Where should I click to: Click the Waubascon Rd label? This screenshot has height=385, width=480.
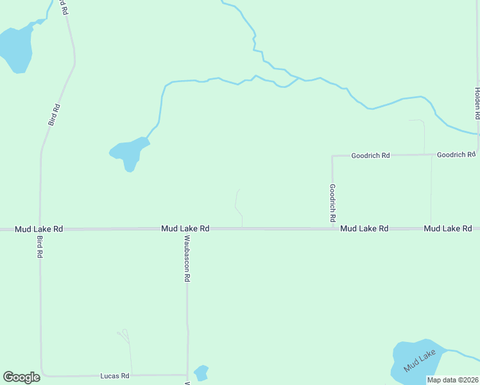pos(187,259)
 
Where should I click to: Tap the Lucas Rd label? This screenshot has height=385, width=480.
pos(116,375)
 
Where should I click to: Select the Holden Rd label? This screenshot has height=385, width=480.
pos(477,104)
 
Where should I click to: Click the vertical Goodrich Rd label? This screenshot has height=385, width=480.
pos(332,203)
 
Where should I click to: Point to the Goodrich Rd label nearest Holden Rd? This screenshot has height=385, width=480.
pos(456,155)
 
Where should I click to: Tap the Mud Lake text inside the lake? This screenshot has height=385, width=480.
pos(420,361)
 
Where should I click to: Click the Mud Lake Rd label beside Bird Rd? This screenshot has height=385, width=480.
pos(40,228)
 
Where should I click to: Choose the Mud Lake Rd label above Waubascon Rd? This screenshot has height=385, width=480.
pos(185,228)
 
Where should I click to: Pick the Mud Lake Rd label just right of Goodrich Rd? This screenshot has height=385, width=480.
pos(364,228)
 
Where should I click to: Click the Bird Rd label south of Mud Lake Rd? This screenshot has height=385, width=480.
pos(40,246)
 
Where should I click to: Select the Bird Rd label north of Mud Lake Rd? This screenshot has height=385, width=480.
pos(55,114)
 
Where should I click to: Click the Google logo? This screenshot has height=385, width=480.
pos(21,377)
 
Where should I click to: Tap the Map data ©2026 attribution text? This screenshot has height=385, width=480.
pos(452,380)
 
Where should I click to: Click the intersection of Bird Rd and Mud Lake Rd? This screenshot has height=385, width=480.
pos(40,229)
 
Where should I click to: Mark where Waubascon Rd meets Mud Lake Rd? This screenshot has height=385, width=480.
pos(187,229)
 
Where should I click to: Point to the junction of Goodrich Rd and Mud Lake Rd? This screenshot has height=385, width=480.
pos(332,228)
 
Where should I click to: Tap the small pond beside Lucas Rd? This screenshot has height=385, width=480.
pos(201,372)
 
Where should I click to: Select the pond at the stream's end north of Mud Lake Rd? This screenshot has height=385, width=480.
pos(128,153)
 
